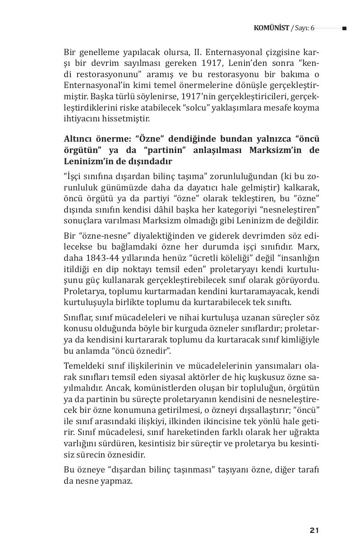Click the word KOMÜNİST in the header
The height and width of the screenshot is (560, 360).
pos(272,28)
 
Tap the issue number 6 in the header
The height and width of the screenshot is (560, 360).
pos(312,28)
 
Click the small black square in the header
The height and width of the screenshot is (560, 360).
pos(344,28)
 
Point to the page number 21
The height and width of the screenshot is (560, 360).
pos(314,530)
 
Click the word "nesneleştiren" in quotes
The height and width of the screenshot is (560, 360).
pos(293,210)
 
